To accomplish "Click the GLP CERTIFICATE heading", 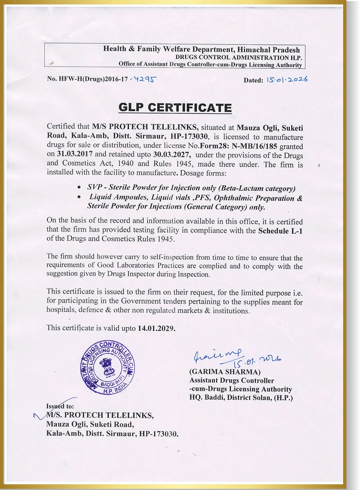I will [x=175, y=108].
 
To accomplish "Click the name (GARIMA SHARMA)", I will [x=225, y=371].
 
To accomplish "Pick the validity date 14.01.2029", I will [x=157, y=328].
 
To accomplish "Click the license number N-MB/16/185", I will [x=252, y=146].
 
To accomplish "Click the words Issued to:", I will [x=60, y=406].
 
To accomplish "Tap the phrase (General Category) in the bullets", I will [x=230, y=207].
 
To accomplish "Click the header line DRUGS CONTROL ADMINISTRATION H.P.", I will [x=238, y=58].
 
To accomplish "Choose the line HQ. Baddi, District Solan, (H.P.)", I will [x=241, y=398].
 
